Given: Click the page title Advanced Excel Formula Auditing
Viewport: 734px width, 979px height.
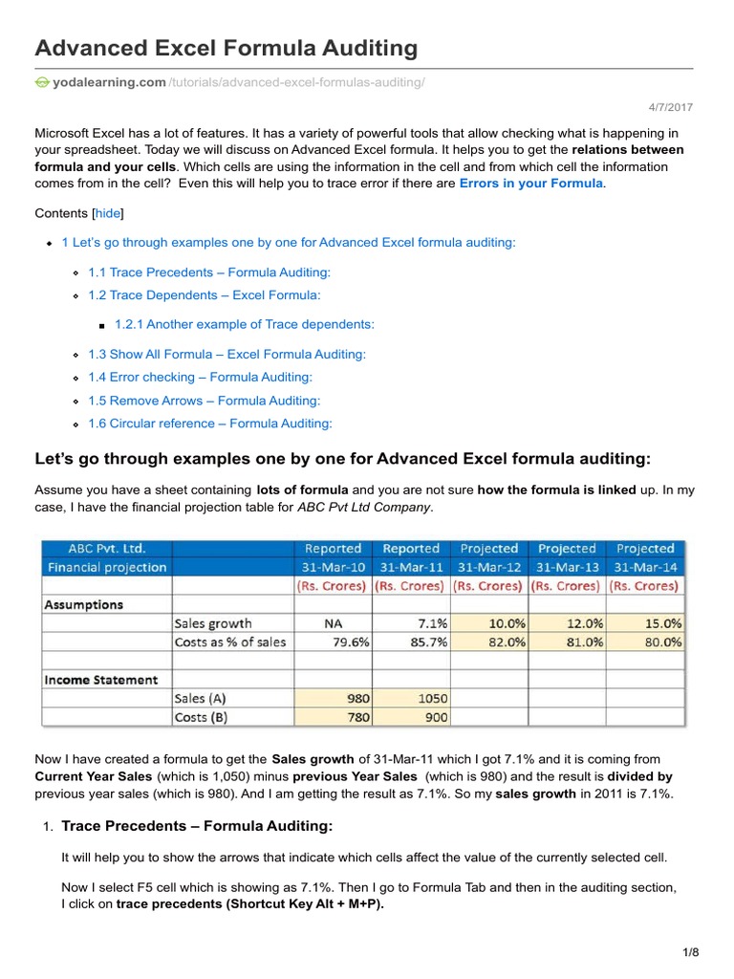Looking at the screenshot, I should point(227,47).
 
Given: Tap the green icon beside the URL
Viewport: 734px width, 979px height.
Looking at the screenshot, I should point(42,83).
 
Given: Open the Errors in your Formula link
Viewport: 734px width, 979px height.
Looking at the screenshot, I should point(530,183).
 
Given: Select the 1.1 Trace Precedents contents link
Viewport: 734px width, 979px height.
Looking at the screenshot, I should point(209,272).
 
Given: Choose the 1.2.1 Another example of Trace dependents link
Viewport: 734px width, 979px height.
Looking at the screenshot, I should point(244,324).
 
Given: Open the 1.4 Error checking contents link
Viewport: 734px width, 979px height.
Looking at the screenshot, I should point(200,378).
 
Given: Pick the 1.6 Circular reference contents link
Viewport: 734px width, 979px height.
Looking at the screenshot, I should point(210,424).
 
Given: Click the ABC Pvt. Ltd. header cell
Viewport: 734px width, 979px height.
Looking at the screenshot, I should point(106,549).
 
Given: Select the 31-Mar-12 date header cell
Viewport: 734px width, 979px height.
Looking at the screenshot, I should point(489,567).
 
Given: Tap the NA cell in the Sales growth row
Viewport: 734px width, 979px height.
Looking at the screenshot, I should point(332,622).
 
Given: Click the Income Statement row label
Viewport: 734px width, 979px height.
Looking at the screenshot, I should point(101,680).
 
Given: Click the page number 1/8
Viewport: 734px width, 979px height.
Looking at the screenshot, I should point(691,951).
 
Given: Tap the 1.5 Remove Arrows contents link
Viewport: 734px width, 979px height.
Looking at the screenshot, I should point(205,401).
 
